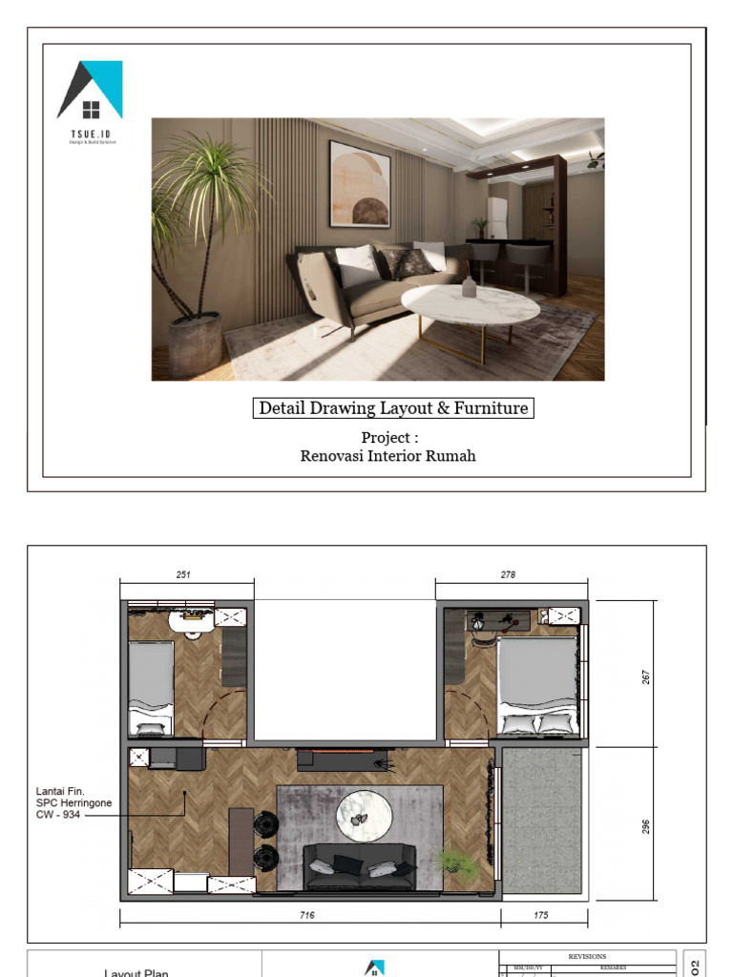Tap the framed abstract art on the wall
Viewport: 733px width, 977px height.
(x=360, y=183)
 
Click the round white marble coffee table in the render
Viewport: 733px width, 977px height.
(x=470, y=306)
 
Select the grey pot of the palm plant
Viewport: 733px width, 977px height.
(x=195, y=344)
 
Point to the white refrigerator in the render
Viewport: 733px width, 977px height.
(x=497, y=218)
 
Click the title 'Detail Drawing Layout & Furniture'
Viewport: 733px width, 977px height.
(x=393, y=408)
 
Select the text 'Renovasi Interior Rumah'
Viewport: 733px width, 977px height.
(x=387, y=456)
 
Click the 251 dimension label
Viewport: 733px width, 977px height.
(x=184, y=575)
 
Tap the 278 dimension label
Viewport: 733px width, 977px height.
(x=508, y=575)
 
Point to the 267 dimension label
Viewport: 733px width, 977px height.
(x=645, y=676)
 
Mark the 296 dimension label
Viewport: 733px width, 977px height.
(x=645, y=826)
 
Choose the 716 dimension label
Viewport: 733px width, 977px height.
(x=307, y=915)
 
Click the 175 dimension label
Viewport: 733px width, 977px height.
(x=541, y=915)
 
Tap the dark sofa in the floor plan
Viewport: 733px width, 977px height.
(x=360, y=865)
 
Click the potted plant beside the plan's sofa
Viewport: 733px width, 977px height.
(x=453, y=860)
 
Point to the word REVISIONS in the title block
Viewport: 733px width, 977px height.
(x=587, y=956)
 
